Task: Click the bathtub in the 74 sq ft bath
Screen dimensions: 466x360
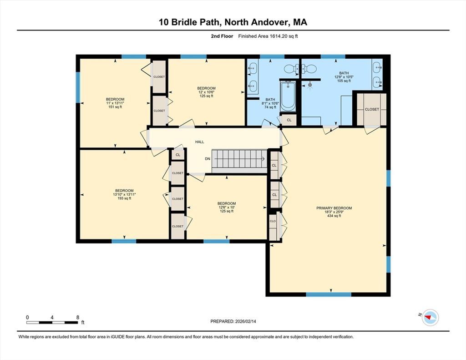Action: point(288,96)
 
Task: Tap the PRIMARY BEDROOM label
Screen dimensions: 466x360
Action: point(334,208)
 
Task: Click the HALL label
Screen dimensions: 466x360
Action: point(200,142)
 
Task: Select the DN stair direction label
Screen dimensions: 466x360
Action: point(208,159)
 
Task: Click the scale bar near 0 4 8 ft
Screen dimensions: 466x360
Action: point(52,322)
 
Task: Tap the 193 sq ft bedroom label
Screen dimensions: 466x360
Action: point(124,194)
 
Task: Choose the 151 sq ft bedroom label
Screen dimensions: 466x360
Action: point(115,103)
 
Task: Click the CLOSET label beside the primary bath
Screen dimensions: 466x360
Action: point(372,109)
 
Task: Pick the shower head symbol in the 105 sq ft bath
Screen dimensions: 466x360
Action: point(310,85)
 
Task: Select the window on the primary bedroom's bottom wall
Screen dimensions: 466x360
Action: point(329,294)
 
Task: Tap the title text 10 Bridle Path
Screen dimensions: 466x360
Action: point(191,22)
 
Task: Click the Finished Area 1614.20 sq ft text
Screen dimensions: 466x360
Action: point(268,36)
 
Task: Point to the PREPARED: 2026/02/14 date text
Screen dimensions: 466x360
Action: point(233,321)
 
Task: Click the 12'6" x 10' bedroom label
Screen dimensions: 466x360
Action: point(227,207)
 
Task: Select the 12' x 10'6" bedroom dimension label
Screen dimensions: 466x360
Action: point(206,92)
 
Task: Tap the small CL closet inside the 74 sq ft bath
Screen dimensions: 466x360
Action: point(289,120)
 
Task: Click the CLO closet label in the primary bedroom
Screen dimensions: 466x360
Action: point(273,221)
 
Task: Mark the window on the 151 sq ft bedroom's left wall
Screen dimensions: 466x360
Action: point(78,87)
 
